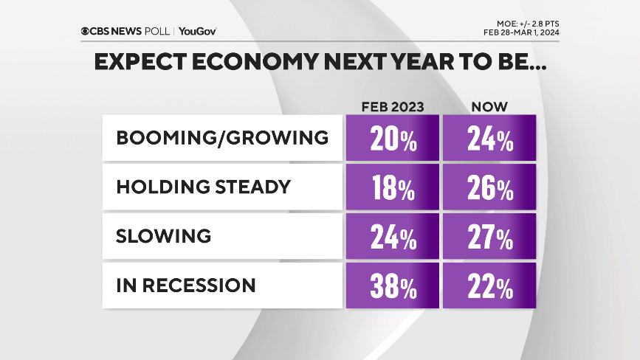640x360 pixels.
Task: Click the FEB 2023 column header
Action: pos(392,106)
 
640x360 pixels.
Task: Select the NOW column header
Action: pos(489,106)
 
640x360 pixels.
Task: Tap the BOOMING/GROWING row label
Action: pos(222,138)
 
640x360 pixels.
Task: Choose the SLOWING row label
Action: pos(164,236)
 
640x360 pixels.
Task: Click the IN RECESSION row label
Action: pos(186,285)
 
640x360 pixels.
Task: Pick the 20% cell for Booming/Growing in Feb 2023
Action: pos(392,138)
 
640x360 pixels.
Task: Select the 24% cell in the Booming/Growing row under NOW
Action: pos(489,138)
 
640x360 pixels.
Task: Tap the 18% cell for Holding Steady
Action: pos(392,187)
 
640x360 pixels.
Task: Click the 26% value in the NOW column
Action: pos(489,187)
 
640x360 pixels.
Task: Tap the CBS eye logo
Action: pos(86,31)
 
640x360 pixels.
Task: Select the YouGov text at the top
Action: pos(197,31)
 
